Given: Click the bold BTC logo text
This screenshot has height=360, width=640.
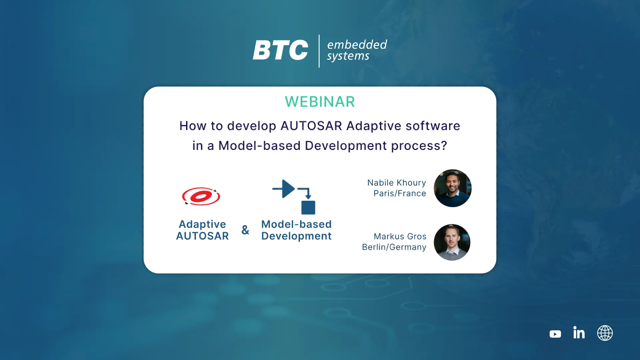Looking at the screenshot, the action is point(280,50).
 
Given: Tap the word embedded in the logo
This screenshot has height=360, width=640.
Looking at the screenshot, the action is point(357,44).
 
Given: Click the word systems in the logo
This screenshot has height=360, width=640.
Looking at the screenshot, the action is point(348,56).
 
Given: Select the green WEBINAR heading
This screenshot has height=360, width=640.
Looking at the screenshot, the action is point(320,102).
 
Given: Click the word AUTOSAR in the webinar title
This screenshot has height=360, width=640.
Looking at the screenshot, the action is point(311,126).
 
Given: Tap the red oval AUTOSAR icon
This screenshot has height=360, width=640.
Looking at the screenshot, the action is point(201,196).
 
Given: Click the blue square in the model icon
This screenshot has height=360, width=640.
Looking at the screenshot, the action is point(308,208).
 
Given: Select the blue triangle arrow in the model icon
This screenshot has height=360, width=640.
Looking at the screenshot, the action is point(288,189).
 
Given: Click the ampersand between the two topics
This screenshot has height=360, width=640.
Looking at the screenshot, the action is point(245,230).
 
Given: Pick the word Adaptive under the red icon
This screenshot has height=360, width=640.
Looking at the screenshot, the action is point(202,224).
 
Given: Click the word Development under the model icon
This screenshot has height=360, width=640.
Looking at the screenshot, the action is point(296,236).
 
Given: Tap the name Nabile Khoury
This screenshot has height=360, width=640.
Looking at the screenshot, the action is point(397,183).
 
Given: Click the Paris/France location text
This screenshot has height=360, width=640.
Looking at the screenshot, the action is point(400,193).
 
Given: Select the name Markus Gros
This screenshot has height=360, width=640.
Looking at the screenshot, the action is point(400,236).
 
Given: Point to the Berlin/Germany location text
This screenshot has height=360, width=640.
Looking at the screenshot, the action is point(394,247).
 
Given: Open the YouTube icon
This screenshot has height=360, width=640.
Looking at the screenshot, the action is point(555,334).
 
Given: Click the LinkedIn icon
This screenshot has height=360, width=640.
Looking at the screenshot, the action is point(579,332).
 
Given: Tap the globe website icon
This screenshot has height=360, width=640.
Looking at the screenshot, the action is point(605,333).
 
